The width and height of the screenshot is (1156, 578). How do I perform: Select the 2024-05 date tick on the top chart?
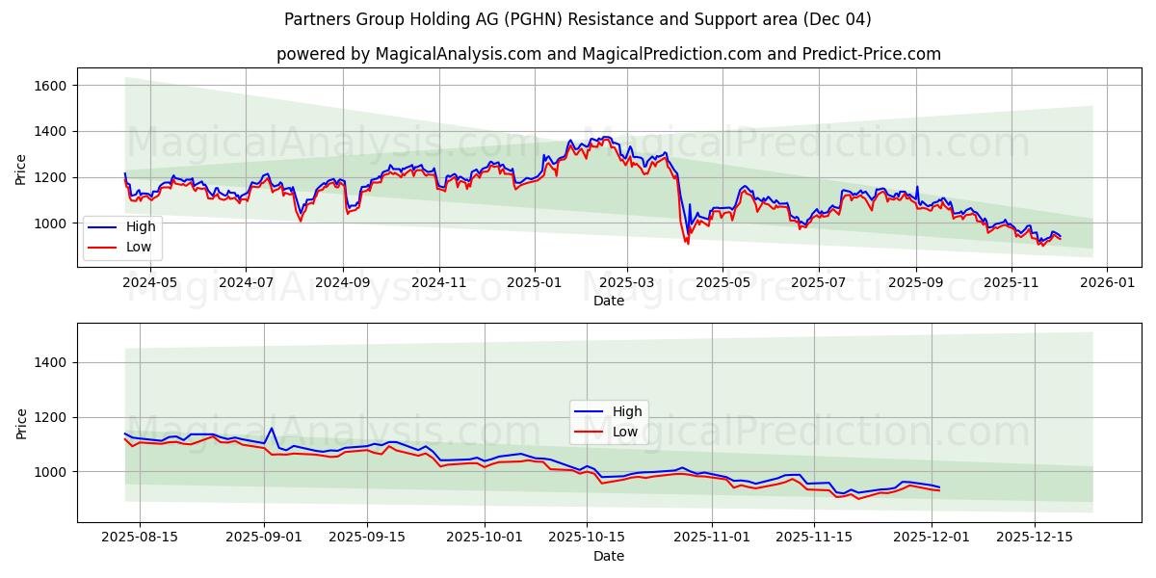151,282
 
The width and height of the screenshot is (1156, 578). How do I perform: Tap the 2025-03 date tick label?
627,282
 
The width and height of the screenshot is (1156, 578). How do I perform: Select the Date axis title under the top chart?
608,301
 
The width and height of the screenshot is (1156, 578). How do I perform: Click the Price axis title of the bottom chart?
21,423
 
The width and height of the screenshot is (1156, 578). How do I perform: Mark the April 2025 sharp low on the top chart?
687,243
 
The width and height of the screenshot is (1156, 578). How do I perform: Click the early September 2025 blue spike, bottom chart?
271,429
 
